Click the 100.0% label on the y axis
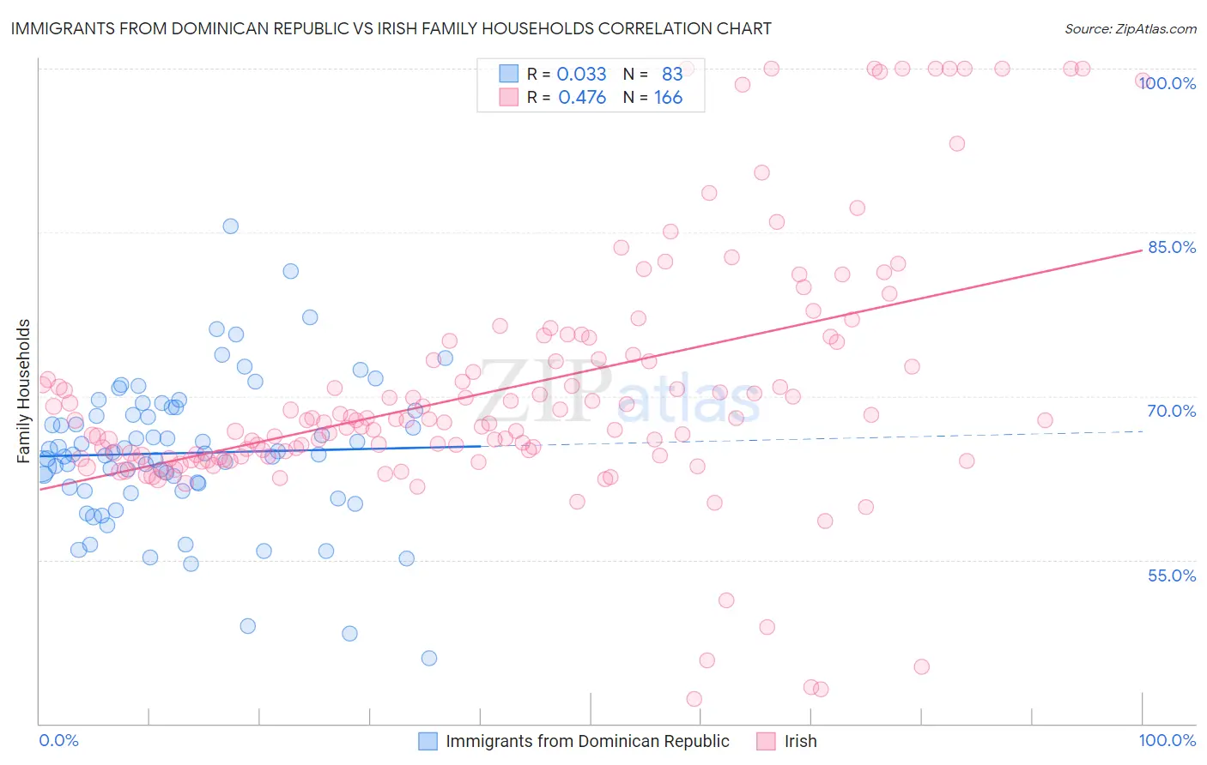[x=1168, y=83]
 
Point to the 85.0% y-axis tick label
[x=1172, y=247]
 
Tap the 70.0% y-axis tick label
[x=1172, y=411]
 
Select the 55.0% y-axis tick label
[x=1172, y=575]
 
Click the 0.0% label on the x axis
[x=58, y=740]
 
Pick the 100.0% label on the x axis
[x=1167, y=740]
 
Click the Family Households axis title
[x=24, y=391]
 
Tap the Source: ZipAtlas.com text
[x=1130, y=28]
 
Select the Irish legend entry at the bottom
[x=800, y=741]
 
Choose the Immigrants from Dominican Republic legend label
[x=587, y=741]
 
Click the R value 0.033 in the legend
[x=581, y=74]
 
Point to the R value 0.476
[x=582, y=97]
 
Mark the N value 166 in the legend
[x=668, y=97]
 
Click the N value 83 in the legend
[x=672, y=74]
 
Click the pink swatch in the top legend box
[x=509, y=97]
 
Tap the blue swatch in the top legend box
[x=509, y=74]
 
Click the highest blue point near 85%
[x=230, y=226]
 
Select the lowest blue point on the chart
[x=429, y=658]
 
